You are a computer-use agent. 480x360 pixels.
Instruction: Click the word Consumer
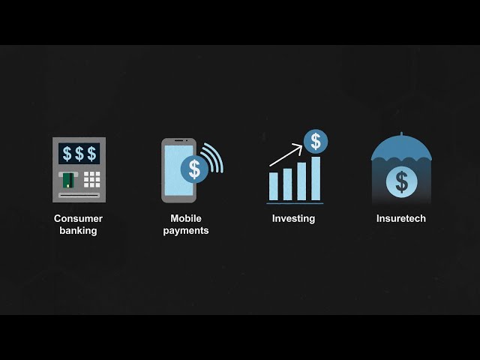click(78, 219)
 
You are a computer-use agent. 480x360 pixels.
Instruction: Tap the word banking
click(78, 231)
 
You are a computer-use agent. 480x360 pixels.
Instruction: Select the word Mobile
click(186, 219)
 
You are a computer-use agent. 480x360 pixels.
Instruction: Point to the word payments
click(186, 231)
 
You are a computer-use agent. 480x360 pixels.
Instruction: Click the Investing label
click(293, 219)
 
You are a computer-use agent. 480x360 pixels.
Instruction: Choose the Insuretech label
click(401, 219)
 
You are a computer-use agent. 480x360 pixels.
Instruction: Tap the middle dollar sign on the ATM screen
click(79, 154)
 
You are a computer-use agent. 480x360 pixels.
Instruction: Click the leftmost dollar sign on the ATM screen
click(67, 154)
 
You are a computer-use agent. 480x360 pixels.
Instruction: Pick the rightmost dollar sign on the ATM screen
click(91, 154)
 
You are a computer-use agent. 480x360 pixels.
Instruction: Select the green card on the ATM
click(67, 180)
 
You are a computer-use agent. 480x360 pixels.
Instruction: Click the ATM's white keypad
click(91, 179)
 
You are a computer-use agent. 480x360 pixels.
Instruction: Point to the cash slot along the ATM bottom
click(79, 195)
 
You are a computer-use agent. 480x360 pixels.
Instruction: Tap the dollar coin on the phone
click(194, 168)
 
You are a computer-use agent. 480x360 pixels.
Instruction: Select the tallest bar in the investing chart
click(316, 178)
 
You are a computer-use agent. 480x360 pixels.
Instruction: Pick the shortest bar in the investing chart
click(274, 186)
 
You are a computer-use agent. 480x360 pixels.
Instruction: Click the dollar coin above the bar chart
click(316, 141)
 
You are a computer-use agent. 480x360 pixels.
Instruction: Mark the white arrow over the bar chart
click(286, 155)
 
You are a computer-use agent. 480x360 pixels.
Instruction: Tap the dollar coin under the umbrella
click(402, 181)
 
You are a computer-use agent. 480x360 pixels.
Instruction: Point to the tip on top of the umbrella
click(402, 135)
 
